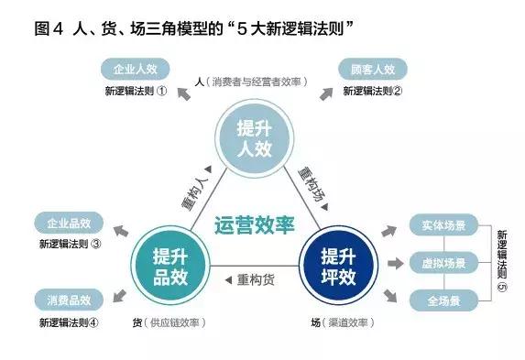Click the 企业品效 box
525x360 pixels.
pos(69,223)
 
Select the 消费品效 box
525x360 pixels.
pos(69,300)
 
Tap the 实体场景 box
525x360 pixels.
pos(444,224)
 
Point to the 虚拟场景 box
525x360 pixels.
pos(444,263)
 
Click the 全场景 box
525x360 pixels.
pos(444,300)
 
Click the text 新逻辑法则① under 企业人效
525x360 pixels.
pos(136,91)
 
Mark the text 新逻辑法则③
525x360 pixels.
pos(70,245)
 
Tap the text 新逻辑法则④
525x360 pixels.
pos(70,322)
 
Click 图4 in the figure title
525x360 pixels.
pos(49,27)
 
